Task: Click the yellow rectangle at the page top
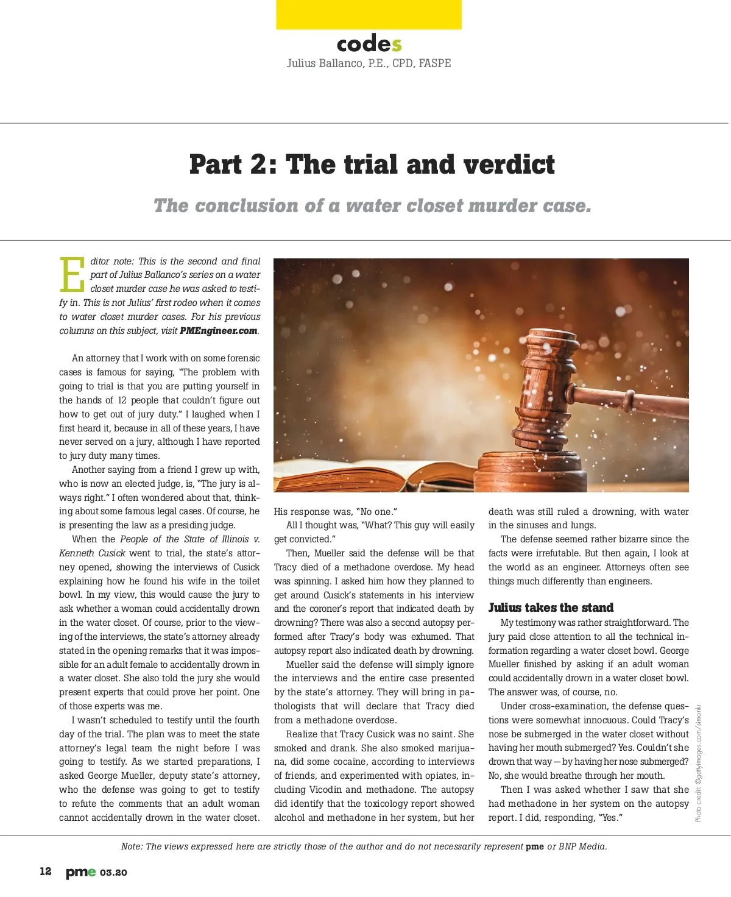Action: point(369,15)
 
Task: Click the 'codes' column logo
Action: point(369,44)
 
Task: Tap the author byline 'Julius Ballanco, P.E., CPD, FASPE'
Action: point(369,63)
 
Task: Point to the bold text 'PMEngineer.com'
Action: point(219,331)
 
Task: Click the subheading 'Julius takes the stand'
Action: point(551,608)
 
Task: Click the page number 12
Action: point(46,871)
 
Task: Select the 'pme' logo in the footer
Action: point(80,872)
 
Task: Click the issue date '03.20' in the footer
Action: point(113,873)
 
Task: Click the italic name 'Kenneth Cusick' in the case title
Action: point(92,553)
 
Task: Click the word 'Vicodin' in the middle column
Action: point(325,790)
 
